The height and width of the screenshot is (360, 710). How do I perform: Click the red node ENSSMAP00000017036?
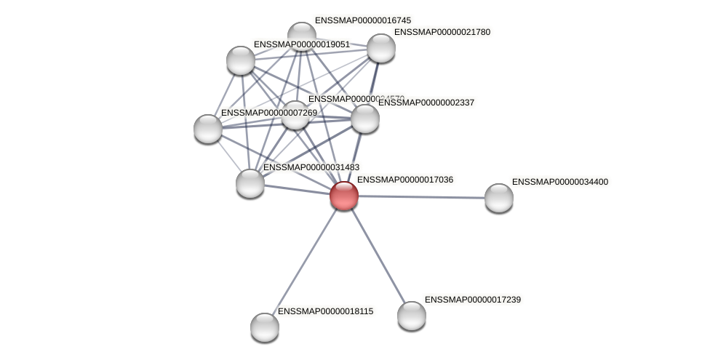click(344, 196)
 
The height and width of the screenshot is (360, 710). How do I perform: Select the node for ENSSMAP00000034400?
click(499, 198)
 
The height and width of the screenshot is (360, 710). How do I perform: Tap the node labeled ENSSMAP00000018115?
click(265, 327)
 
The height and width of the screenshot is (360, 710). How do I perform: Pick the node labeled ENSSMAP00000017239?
click(412, 316)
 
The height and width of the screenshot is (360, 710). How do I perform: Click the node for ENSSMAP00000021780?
click(381, 48)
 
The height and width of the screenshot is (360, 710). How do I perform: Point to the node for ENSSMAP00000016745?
click(301, 36)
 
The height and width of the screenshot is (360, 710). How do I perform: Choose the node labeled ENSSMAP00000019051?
click(241, 60)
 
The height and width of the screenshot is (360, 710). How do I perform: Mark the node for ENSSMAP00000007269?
click(208, 129)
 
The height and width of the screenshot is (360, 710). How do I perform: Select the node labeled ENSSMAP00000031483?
click(250, 183)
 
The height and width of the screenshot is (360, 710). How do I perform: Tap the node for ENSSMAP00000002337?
click(365, 119)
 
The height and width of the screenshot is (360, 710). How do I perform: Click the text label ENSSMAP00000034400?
click(560, 182)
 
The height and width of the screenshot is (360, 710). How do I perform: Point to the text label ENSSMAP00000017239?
click(473, 300)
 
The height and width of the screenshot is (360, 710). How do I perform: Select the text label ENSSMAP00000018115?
click(325, 311)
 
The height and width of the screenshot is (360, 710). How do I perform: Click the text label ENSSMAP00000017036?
click(404, 180)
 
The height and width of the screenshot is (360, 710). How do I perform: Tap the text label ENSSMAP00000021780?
click(442, 32)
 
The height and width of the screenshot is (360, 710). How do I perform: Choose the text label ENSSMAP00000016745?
click(362, 20)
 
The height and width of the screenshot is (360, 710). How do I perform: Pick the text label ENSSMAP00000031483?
click(311, 167)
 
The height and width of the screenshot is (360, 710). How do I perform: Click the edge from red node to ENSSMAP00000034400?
click(422, 196)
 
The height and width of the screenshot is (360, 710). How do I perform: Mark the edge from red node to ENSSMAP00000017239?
click(378, 256)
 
